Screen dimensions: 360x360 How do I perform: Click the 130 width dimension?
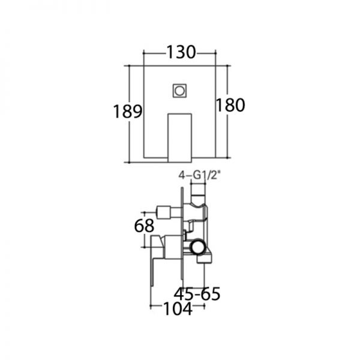tap(181, 52)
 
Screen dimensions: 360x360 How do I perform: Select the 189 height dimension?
tap(128, 112)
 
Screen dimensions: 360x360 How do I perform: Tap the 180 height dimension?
tap(230, 105)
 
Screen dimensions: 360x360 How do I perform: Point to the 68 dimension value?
tap(144, 226)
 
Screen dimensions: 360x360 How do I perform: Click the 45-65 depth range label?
tap(197, 294)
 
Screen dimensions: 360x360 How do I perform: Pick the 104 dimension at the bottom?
tap(178, 308)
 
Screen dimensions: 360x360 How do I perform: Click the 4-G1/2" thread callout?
tap(199, 176)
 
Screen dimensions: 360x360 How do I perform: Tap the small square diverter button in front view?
tap(179, 91)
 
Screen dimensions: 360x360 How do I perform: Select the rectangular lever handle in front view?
tap(180, 138)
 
